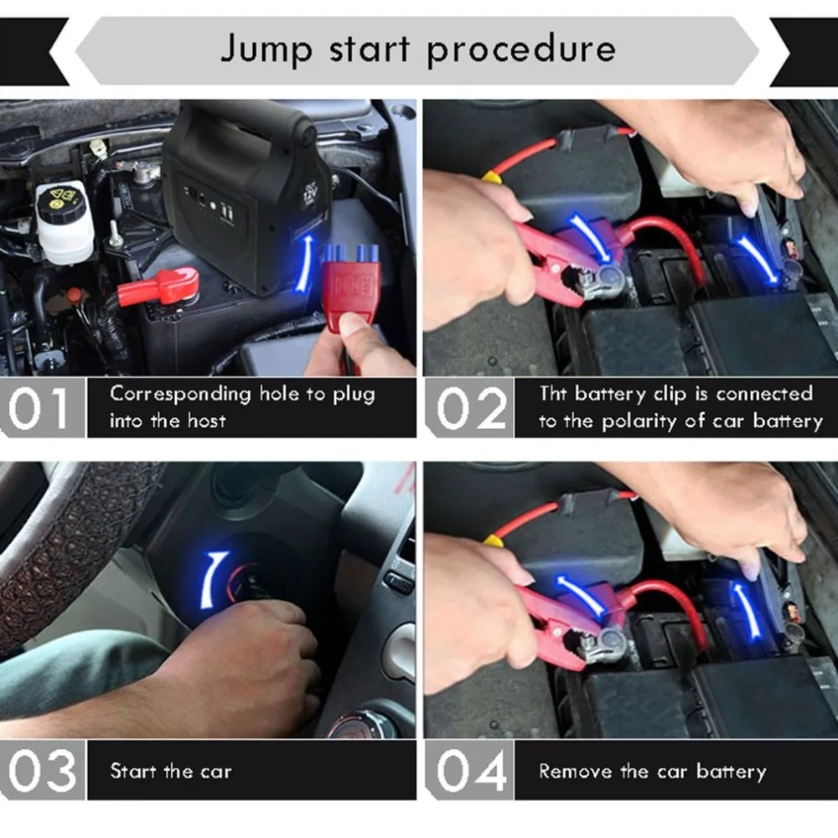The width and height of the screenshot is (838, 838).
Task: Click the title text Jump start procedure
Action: coord(417,49)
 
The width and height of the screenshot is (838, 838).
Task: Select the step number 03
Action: coord(42,770)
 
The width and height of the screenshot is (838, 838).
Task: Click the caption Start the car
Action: coord(170,771)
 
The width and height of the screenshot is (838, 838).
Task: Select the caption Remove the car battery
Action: coord(652,771)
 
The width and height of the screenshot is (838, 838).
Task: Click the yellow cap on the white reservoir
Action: coord(62,199)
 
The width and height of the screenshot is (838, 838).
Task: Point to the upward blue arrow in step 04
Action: coord(745,608)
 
